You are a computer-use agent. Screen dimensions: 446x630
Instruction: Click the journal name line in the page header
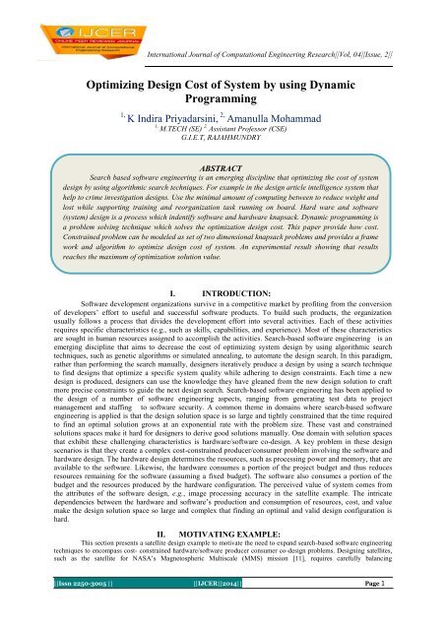tap(277, 8)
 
